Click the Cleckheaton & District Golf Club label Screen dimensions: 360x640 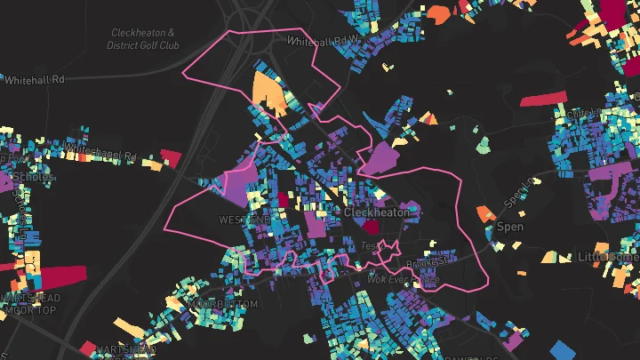point(142,38)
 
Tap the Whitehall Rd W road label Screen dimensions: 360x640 point(321,40)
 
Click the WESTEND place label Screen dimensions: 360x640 point(244,220)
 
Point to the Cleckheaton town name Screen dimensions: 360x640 point(378,213)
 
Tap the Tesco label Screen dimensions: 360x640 point(370,244)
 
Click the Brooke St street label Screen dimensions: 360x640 point(429,262)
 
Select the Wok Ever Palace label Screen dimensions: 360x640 point(404,279)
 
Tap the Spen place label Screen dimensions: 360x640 point(509,227)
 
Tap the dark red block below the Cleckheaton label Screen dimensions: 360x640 point(370,228)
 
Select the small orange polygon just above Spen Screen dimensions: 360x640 point(485,213)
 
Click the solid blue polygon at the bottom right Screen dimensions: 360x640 point(563,350)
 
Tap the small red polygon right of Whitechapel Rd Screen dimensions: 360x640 point(171,157)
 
